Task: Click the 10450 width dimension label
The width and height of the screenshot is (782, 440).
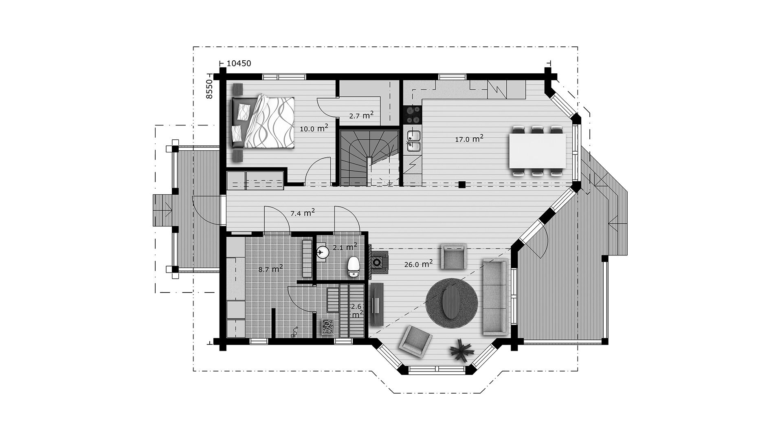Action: pyautogui.click(x=239, y=63)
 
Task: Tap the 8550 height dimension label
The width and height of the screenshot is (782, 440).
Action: pyautogui.click(x=209, y=90)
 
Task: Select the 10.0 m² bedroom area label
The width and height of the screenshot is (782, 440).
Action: pyautogui.click(x=314, y=128)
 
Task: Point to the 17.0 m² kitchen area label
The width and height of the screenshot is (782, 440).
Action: pyautogui.click(x=469, y=139)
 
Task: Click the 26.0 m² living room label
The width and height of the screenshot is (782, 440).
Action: pyautogui.click(x=418, y=264)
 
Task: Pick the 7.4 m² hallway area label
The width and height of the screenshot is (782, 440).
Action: pyautogui.click(x=302, y=212)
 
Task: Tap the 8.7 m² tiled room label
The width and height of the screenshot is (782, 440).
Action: pyautogui.click(x=271, y=269)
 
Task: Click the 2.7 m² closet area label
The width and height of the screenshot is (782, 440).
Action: pyautogui.click(x=361, y=115)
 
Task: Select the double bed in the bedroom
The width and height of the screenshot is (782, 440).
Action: pyautogui.click(x=263, y=122)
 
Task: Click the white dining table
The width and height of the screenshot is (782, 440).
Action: pyautogui.click(x=538, y=151)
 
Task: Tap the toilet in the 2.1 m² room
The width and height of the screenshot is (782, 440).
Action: pyautogui.click(x=353, y=267)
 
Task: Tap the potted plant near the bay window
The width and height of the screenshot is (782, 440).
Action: pyautogui.click(x=461, y=349)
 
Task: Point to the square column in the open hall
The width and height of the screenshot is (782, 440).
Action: pyautogui.click(x=461, y=185)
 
